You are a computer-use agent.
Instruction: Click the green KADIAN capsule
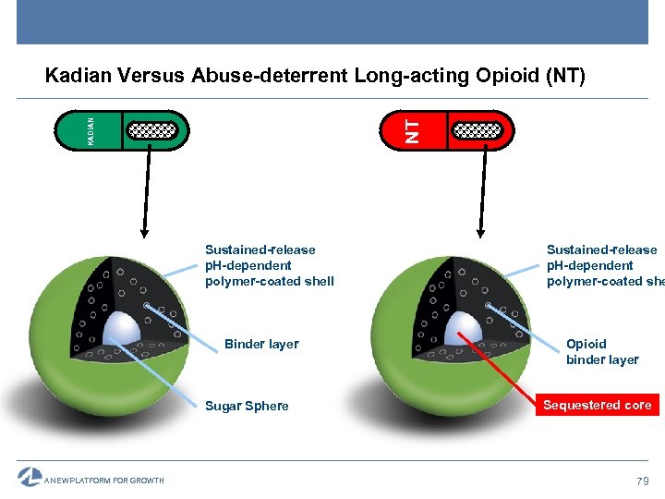pos(122,130)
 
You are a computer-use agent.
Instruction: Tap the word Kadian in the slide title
pos(75,76)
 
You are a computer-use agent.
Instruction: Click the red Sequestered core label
pos(598,405)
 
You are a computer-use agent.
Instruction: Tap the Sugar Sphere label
pos(247,406)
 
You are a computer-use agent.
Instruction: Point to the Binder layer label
pos(261,344)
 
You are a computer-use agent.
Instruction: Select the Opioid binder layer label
pos(602,351)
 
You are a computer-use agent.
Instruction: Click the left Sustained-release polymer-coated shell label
pos(269,265)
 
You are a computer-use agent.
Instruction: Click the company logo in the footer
pos(30,477)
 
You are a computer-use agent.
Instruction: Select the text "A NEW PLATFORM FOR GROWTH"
pos(104,481)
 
